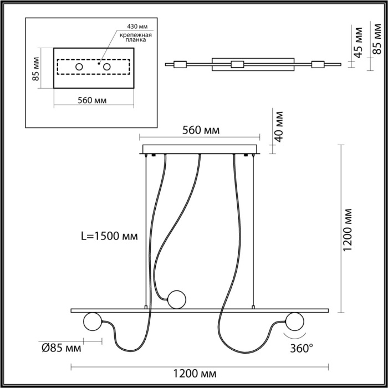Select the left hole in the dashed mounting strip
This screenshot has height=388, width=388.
point(79,67)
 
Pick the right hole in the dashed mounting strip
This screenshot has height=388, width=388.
point(107,67)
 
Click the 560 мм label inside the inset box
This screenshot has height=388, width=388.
point(93,100)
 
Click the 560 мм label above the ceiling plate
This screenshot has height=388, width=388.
point(201,130)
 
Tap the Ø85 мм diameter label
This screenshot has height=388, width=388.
point(62,348)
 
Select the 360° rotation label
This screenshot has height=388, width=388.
point(302,348)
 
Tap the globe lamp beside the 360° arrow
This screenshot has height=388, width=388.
point(294,321)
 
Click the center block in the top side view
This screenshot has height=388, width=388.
point(237,64)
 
